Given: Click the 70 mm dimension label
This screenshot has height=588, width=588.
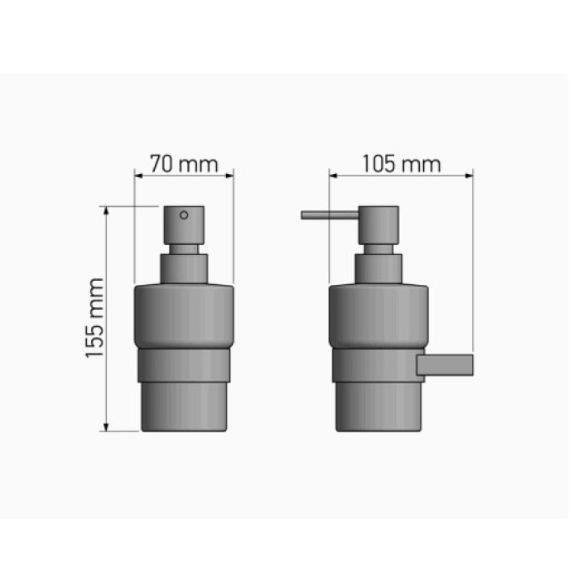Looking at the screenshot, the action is tap(184, 164).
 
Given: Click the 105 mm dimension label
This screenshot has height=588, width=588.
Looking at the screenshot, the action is tap(402, 164).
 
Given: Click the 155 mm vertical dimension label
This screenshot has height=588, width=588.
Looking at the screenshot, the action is tap(94, 318).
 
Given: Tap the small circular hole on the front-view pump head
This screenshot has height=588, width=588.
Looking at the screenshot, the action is tap(184, 215).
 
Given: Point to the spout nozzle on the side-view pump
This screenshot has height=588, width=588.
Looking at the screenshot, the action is tap(330, 215).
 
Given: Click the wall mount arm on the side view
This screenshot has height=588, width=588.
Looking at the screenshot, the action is tap(445, 365).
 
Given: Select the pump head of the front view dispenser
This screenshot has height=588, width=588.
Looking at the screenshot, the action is tap(184, 225).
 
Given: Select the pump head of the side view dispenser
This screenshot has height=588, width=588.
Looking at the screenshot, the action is tap(378, 225).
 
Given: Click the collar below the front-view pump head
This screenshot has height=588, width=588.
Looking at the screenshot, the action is tap(184, 269).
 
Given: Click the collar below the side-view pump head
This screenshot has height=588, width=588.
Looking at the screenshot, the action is tap(378, 269).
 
